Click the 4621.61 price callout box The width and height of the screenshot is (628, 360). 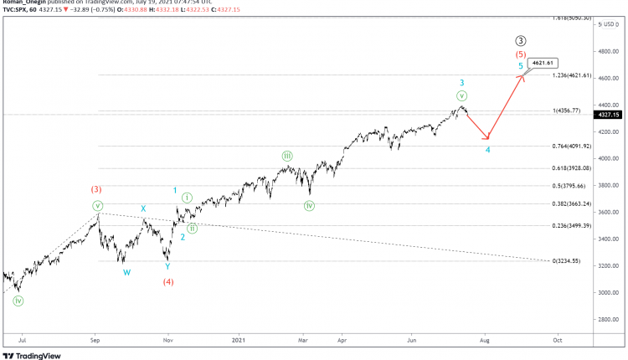point(542,63)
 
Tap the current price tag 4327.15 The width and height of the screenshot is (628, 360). point(605,115)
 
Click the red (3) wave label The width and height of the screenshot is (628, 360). point(96,189)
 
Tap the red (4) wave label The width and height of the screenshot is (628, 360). point(168,282)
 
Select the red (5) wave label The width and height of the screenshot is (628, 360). point(521,53)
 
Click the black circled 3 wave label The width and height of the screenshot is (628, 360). point(521,39)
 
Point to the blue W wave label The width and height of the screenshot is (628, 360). point(126,272)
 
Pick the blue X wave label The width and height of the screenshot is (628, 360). point(143,208)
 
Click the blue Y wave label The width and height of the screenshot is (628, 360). point(168,267)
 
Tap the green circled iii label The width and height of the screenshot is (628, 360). point(287,156)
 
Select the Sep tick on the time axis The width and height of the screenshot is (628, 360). point(95,341)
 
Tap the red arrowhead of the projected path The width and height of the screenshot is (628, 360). point(522,76)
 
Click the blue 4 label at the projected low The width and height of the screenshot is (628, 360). point(487,151)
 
